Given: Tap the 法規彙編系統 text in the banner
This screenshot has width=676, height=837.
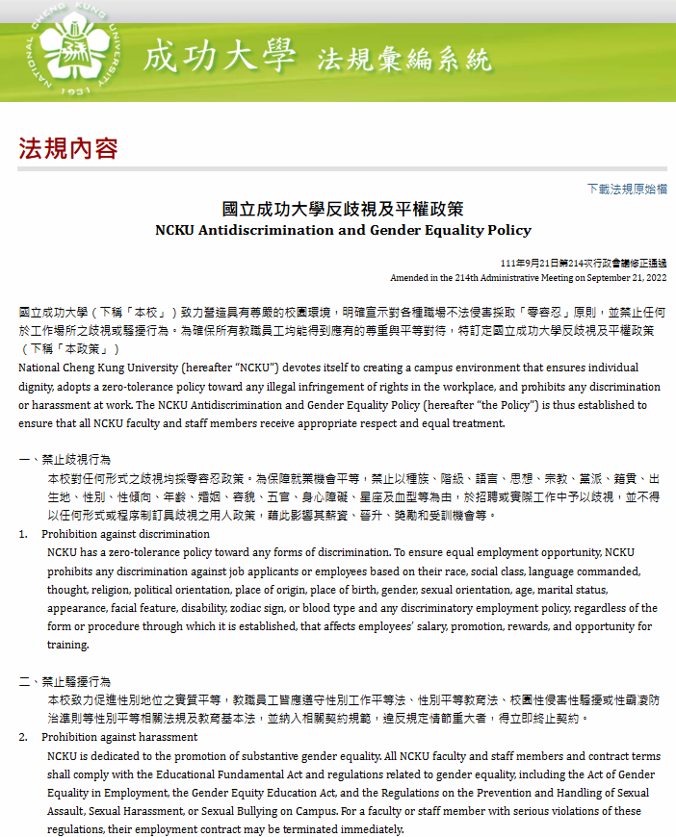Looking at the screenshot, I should (x=404, y=60).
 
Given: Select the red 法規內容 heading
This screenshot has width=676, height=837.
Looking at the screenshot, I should (x=68, y=148).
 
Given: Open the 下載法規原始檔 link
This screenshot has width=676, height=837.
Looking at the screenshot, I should (x=627, y=189).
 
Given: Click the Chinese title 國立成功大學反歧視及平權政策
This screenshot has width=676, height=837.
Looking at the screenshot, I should (x=343, y=209).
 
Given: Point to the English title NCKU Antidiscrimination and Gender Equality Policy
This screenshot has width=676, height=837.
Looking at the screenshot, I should (x=343, y=231).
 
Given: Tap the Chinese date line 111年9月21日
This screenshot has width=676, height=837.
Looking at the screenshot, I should (x=533, y=264).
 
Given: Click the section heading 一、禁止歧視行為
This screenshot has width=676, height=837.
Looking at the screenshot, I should (x=71, y=460).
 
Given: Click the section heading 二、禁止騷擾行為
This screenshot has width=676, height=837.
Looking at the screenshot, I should (x=71, y=682).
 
